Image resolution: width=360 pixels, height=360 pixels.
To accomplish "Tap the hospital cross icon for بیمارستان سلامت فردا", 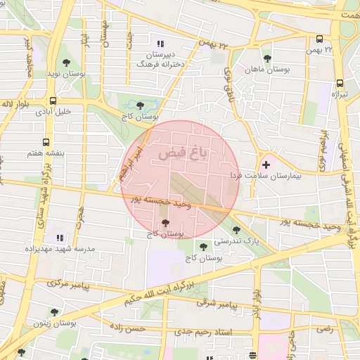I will (265, 164).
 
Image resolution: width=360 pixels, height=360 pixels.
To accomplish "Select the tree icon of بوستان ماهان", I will (266, 58).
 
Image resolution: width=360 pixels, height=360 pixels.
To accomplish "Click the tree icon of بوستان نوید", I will (66, 61).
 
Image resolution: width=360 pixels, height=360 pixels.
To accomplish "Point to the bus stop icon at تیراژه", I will (340, 81).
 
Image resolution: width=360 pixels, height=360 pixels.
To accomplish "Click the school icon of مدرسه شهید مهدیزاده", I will (60, 238).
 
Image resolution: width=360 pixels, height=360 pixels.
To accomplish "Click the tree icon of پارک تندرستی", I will (236, 229).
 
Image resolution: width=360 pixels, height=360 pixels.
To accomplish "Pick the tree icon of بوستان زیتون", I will (54, 312).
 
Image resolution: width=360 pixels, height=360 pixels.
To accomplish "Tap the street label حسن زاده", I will (127, 328).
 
